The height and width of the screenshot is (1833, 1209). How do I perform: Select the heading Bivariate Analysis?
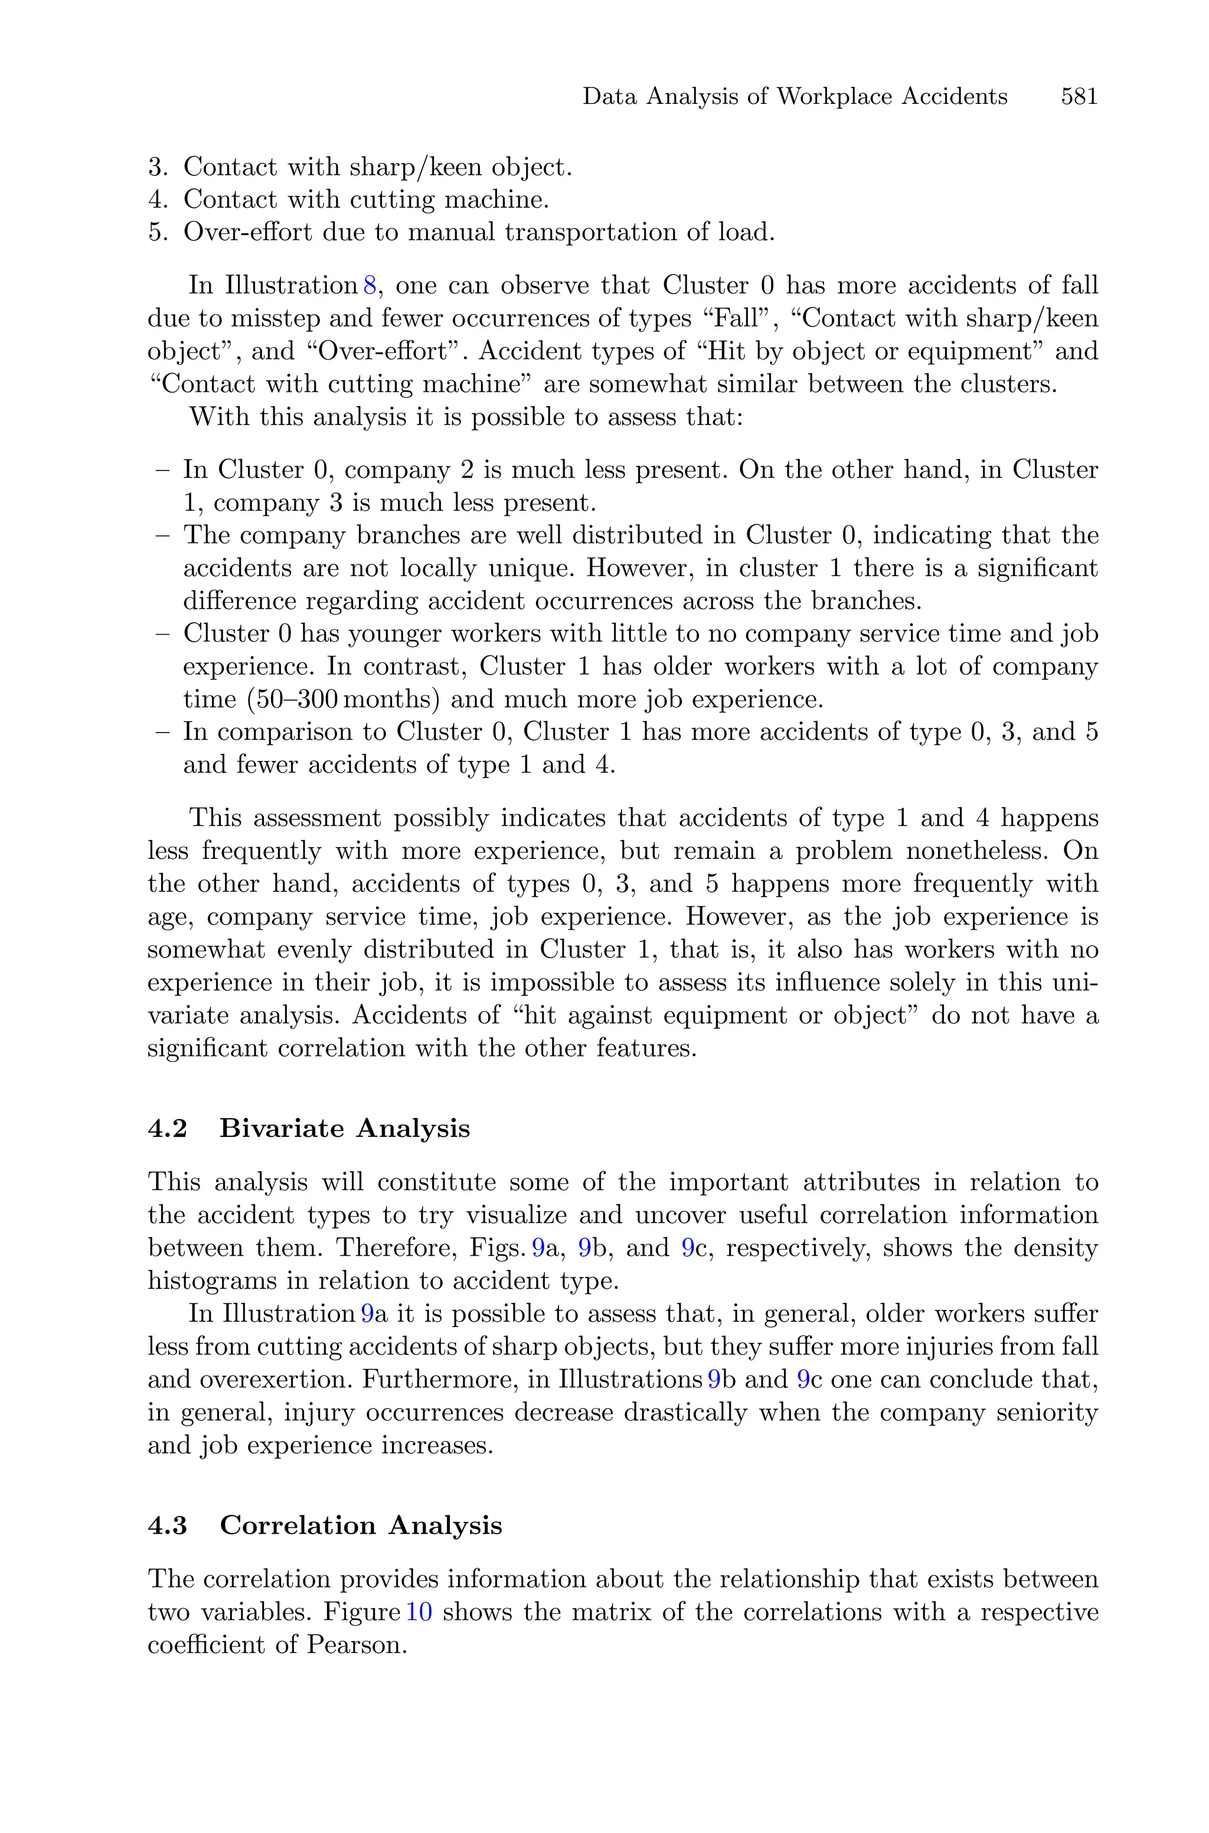pos(345,1129)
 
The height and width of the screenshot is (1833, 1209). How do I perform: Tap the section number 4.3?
pos(167,1525)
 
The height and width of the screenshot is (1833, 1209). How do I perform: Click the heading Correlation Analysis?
pos(361,1525)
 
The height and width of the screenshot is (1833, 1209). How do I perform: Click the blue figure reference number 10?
pos(419,1613)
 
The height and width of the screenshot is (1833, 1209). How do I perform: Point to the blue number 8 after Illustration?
pos(370,285)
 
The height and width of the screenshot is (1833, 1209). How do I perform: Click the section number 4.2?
pos(167,1129)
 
